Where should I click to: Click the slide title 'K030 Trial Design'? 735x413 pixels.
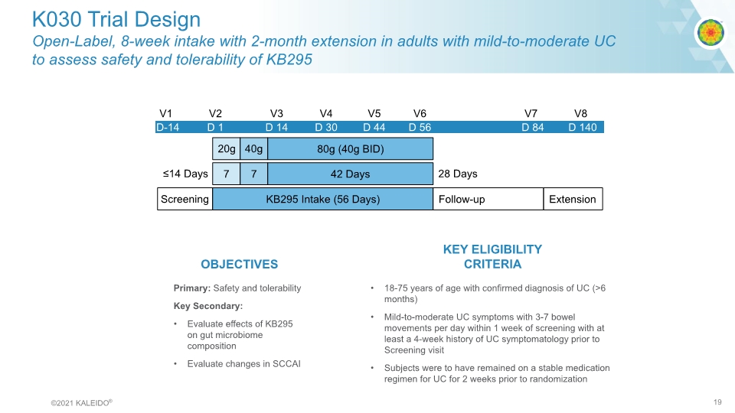pos(116,19)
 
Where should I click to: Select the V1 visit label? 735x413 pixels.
pos(165,113)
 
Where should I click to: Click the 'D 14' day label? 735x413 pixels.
pos(276,127)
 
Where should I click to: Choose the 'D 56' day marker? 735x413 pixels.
pos(420,127)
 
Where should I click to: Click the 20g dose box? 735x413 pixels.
pos(225,148)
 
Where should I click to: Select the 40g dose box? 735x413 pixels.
pos(253,148)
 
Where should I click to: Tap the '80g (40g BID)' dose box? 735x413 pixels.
pos(350,148)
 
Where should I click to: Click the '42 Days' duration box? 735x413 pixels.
pos(350,174)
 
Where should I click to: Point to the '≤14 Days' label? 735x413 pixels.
pos(185,174)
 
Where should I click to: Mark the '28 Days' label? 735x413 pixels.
pos(458,174)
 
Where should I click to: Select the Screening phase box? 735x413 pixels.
pos(185,199)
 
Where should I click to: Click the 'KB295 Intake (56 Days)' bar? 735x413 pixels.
pos(322,199)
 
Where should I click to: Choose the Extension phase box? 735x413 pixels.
pos(572,199)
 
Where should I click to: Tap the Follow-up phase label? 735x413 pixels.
pos(462,199)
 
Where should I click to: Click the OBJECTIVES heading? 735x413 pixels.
pos(239,264)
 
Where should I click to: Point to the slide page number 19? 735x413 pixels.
pos(717,402)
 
